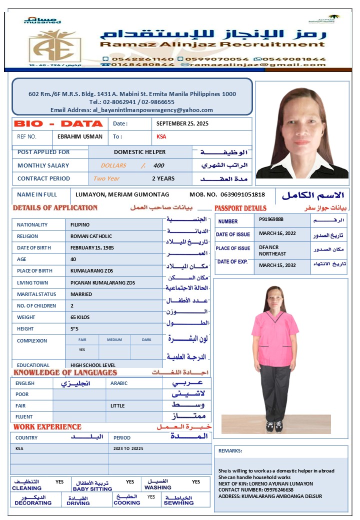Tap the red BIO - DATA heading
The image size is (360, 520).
click(58, 123)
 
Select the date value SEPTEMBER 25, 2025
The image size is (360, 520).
click(182, 123)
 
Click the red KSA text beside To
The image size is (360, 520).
click(161, 136)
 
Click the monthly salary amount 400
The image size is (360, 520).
click(158, 165)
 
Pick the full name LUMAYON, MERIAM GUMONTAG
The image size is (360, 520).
click(122, 194)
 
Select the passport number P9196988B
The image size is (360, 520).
click(271, 219)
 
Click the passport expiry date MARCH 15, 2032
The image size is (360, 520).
click(277, 265)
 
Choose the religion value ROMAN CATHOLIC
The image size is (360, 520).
click(91, 236)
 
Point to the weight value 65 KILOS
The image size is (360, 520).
click(81, 317)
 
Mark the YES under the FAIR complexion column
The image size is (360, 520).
click(82, 350)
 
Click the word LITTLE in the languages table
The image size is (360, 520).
click(117, 405)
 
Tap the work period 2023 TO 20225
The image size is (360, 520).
click(128, 448)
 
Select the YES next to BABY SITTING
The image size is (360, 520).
click(130, 482)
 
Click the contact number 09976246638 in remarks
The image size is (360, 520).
click(256, 490)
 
